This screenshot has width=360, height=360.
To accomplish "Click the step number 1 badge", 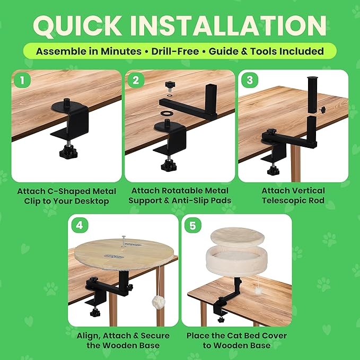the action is pyautogui.click(x=22, y=80).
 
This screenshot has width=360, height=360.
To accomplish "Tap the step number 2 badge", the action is pyautogui.click(x=136, y=80).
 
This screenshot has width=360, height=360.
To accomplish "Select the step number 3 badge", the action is pyautogui.click(x=250, y=80).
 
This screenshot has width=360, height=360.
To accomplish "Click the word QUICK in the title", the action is pyautogui.click(x=77, y=25).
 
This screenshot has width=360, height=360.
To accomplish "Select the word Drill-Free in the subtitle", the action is pyautogui.click(x=175, y=51).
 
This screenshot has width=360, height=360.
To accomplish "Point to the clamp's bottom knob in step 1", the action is pyautogui.click(x=68, y=153).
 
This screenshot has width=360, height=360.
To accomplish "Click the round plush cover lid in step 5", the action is pyautogui.click(x=237, y=236).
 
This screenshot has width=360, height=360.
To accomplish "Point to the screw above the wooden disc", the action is pyautogui.click(x=124, y=241).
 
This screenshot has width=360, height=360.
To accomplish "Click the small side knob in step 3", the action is pyautogui.click(x=323, y=109).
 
